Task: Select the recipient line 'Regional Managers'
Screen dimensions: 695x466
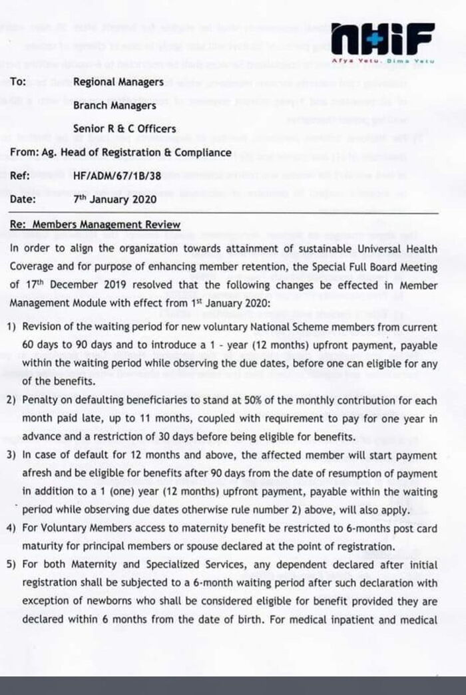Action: point(118,82)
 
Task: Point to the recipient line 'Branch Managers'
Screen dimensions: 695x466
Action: point(115,105)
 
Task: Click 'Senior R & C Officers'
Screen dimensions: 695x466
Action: point(125,128)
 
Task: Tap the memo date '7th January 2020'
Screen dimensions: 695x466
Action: point(115,199)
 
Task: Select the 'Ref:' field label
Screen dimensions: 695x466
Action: point(20,176)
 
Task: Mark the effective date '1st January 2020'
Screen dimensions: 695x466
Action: point(229,302)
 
